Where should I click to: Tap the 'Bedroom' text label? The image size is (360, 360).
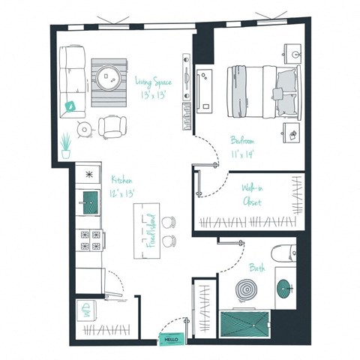(x=243, y=139)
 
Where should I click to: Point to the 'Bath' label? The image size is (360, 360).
(x=257, y=267)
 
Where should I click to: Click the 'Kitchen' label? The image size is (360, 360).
(x=123, y=180)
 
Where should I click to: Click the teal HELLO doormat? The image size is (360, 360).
(x=170, y=340)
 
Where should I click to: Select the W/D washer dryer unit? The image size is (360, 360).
(x=88, y=313)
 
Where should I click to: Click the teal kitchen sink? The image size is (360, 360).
(x=89, y=201)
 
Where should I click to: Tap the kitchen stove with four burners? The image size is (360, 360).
(x=89, y=240)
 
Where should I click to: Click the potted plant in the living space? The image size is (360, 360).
(x=66, y=144)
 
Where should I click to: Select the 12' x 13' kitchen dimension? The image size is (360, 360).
(x=123, y=194)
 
